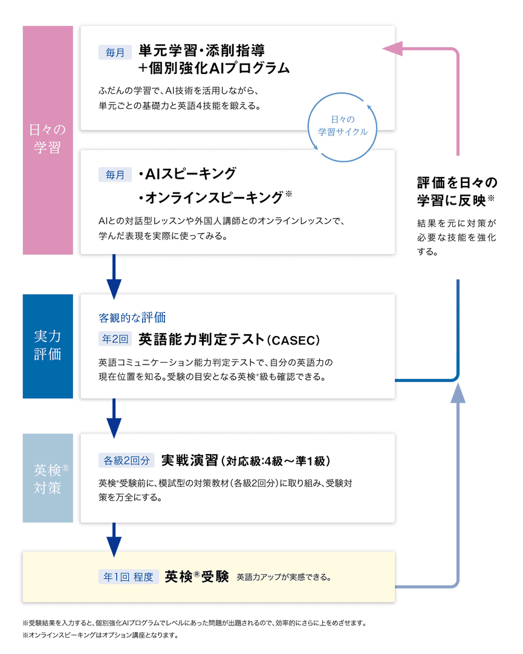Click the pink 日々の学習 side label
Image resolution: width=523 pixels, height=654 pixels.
click(48, 139)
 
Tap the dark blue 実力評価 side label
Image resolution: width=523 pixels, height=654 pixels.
click(48, 346)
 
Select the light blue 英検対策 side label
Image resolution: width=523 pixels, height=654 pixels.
click(48, 478)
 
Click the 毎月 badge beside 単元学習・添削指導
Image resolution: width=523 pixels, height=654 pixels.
click(114, 53)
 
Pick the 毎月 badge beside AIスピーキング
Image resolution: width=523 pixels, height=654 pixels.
click(114, 174)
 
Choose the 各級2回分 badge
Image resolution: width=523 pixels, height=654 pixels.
click(127, 460)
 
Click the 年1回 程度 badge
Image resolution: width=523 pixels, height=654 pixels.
click(129, 576)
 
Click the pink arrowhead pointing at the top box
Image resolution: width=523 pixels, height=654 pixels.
click(393, 48)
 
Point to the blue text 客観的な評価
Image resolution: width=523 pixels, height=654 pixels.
click(132, 317)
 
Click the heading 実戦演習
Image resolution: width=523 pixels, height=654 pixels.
click(189, 460)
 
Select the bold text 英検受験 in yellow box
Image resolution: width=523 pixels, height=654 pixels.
click(197, 576)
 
